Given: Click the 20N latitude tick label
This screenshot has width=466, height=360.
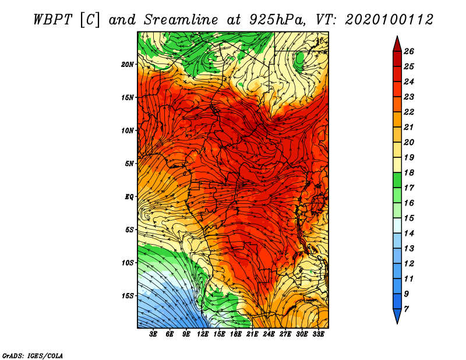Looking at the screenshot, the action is pos(128,64).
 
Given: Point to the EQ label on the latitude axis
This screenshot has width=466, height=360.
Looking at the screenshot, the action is pos(129,196).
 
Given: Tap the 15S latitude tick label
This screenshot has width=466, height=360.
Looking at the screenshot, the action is pos(128,295).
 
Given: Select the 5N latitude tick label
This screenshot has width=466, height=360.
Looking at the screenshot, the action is pos(129,164).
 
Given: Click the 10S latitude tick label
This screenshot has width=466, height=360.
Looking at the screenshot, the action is pos(128,263).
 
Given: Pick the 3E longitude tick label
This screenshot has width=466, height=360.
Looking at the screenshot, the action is pos(153,334).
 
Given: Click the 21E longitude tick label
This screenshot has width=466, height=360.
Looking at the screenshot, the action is pos(252,334).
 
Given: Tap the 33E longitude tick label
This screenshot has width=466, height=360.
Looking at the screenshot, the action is pos(318,334).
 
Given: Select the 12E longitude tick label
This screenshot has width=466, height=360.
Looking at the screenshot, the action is pos(202,334).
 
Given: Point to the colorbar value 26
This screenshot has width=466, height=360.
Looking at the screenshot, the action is pos(409,51).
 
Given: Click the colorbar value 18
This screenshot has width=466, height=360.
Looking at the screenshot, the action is pos(409,172).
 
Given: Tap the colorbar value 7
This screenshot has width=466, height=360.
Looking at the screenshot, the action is pos(406,309).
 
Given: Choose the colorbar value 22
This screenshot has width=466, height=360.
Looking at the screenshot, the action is pos(409,112).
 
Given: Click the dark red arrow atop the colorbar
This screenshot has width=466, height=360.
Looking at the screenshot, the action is pos(397,44).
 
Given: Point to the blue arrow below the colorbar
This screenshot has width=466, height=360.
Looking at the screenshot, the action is pos(397,316).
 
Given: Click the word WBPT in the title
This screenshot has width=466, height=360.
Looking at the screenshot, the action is pos(53,20).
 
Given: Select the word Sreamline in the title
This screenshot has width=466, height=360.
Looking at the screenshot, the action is pos(181,20).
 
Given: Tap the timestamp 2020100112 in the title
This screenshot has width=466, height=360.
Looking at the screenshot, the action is pos(389,20).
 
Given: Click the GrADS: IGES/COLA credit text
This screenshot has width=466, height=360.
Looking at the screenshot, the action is pos(33,356).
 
